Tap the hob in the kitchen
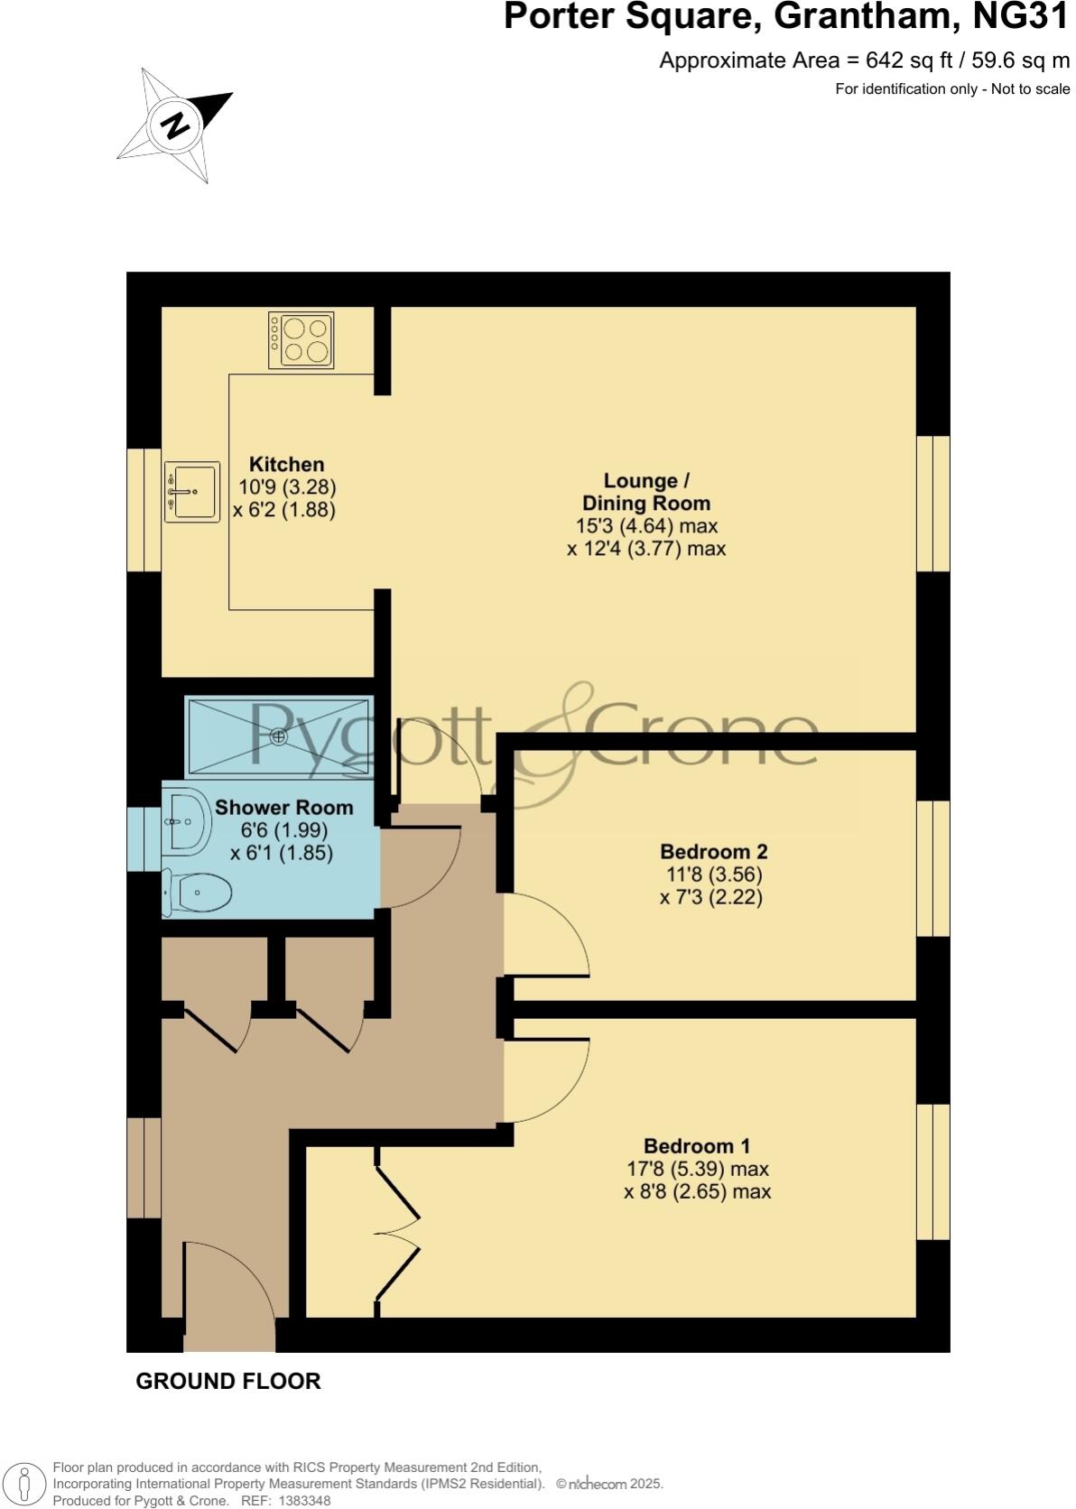301,339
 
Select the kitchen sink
192,492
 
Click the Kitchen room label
286,465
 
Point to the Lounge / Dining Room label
645,492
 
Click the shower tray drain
279,737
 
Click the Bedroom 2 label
713,852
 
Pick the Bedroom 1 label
697,1146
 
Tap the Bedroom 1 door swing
546,1080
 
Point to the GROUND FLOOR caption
228,1382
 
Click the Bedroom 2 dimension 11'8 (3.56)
713,875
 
